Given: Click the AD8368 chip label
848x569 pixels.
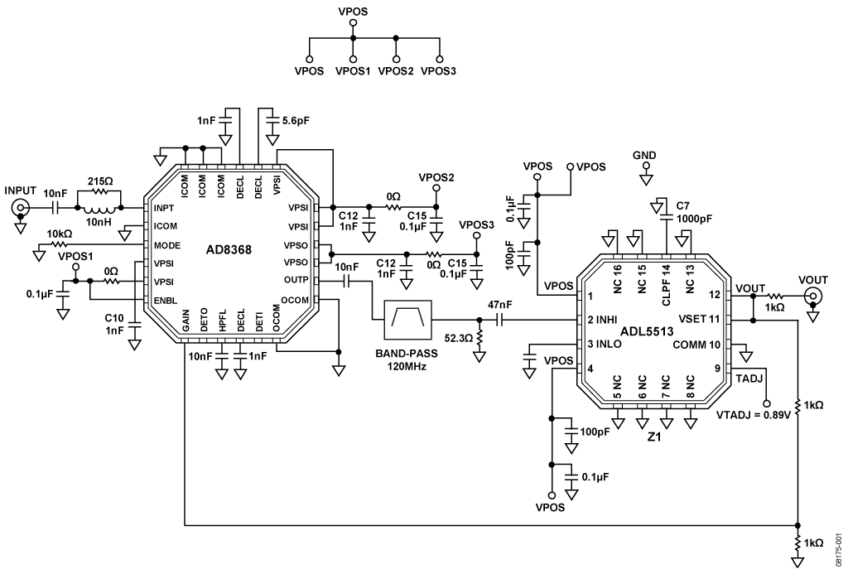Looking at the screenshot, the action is (229, 250).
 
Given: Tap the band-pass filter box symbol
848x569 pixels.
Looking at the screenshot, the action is (407, 321).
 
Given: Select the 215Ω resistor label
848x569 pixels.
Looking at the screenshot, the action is (99, 181).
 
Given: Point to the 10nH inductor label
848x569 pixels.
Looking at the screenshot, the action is (99, 220).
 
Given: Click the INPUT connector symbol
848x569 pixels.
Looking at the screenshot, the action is (21, 207).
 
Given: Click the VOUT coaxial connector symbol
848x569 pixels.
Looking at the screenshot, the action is (812, 296).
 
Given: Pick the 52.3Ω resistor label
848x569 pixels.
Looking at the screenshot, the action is (459, 338).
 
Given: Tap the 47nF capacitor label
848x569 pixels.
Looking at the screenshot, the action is (500, 305).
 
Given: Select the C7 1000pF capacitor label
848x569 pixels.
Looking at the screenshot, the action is (694, 213).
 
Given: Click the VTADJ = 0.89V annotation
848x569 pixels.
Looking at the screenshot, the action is (754, 416).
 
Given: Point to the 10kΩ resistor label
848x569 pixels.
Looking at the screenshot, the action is (60, 234).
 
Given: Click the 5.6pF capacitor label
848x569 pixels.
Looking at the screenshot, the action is (296, 121).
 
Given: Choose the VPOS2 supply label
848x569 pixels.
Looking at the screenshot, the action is (436, 177).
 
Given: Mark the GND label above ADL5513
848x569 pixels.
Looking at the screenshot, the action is (644, 156).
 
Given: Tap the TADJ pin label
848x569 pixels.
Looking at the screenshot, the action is (749, 379).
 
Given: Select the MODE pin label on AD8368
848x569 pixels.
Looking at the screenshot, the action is (167, 245).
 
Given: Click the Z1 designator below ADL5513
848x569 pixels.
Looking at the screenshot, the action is (654, 436).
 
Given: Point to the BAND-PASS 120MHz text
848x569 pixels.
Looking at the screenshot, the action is (407, 359).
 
